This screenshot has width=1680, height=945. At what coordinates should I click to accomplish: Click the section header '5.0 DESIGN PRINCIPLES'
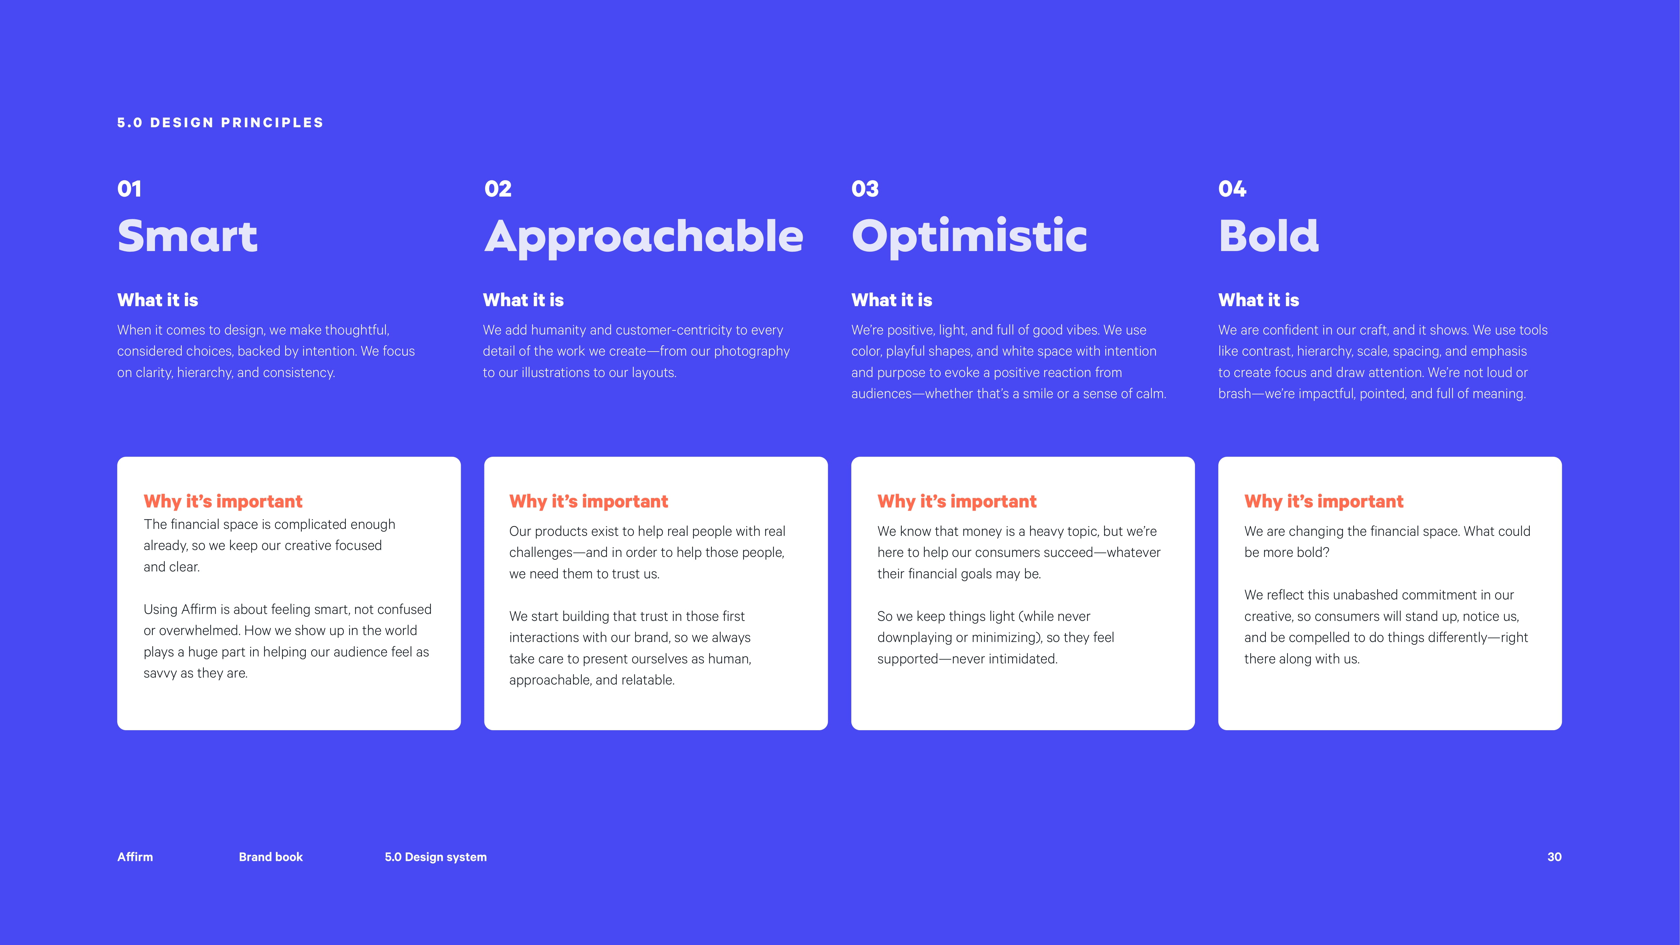pos(220,123)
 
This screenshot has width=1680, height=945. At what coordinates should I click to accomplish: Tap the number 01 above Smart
pos(129,189)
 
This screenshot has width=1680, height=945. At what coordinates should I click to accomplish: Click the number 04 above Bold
pos(1232,189)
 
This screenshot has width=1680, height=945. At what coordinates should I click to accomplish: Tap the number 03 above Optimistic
pos(865,189)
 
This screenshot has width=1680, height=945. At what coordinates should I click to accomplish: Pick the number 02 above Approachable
pos(498,189)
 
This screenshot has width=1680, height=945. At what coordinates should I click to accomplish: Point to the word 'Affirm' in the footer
pos(135,857)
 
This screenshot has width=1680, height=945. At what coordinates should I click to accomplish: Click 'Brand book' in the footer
pos(271,857)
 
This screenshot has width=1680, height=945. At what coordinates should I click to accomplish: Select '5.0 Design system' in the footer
pos(436,857)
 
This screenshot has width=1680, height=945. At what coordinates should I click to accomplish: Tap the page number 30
pos(1554,857)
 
